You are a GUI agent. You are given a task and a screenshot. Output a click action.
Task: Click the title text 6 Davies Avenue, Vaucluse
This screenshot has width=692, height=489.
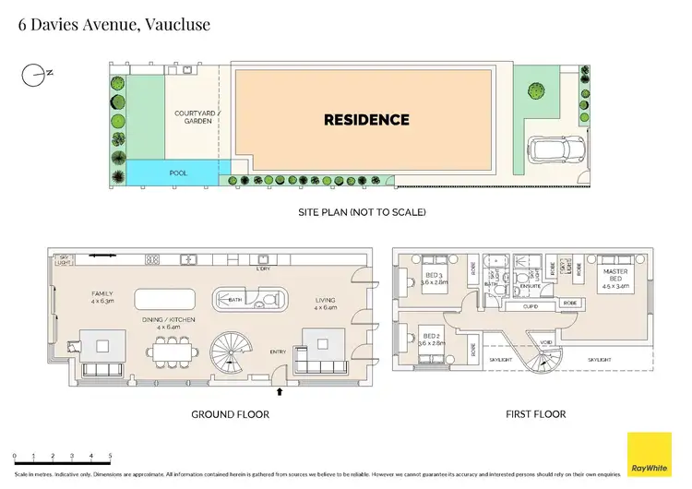114,24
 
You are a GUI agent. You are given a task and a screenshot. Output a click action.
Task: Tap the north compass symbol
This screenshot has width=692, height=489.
34,73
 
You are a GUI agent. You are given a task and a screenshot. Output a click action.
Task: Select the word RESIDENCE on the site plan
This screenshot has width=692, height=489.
365,120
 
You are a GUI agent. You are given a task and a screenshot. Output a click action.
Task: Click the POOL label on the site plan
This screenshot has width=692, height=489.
178,173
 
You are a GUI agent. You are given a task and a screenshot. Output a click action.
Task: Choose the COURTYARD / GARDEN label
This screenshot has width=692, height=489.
192,118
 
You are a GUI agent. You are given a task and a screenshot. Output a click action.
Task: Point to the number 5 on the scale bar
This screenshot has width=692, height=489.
110,457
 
